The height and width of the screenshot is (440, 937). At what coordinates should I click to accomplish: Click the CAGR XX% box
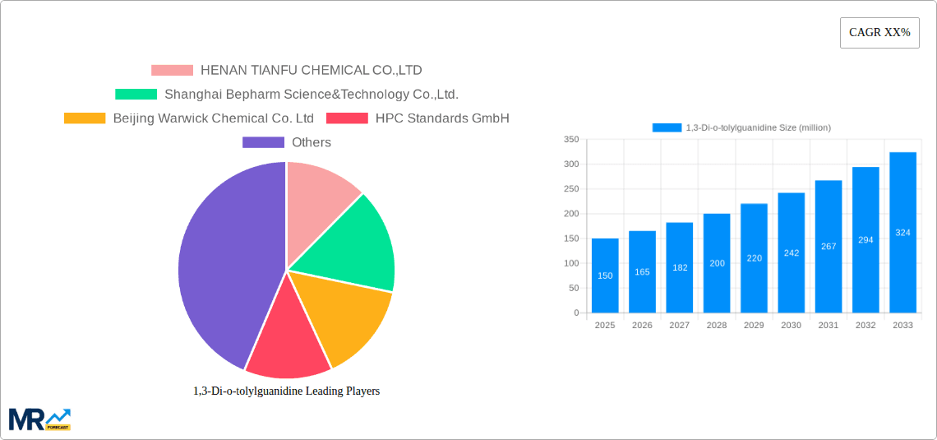coord(879,33)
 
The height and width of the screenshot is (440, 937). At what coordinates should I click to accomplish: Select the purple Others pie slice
coord(222,263)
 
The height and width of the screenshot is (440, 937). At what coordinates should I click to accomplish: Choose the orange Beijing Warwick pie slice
coord(345,317)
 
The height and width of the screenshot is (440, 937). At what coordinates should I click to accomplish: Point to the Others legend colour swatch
coord(263,142)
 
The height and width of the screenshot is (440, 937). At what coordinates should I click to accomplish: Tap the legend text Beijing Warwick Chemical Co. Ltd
coord(214,118)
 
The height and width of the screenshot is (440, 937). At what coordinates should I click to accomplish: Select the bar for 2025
coord(605,276)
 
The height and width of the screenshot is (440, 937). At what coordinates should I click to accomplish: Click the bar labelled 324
coord(902,233)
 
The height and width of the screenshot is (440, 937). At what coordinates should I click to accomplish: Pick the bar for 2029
coord(754,258)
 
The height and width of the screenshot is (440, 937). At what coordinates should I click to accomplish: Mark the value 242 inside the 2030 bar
coord(791,253)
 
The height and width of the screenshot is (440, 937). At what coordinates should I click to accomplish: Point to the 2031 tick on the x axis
coord(829,326)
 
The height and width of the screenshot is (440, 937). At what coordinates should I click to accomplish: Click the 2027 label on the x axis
coord(680,326)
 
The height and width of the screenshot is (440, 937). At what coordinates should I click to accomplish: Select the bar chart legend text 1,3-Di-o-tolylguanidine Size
coord(758,127)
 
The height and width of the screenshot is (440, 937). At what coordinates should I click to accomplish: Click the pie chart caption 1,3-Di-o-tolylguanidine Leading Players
coord(286,391)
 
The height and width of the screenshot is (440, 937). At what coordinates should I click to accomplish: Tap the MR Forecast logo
coord(39,419)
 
